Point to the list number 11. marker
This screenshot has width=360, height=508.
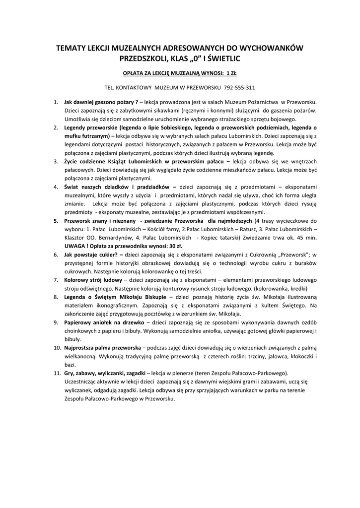tap(57, 372)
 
